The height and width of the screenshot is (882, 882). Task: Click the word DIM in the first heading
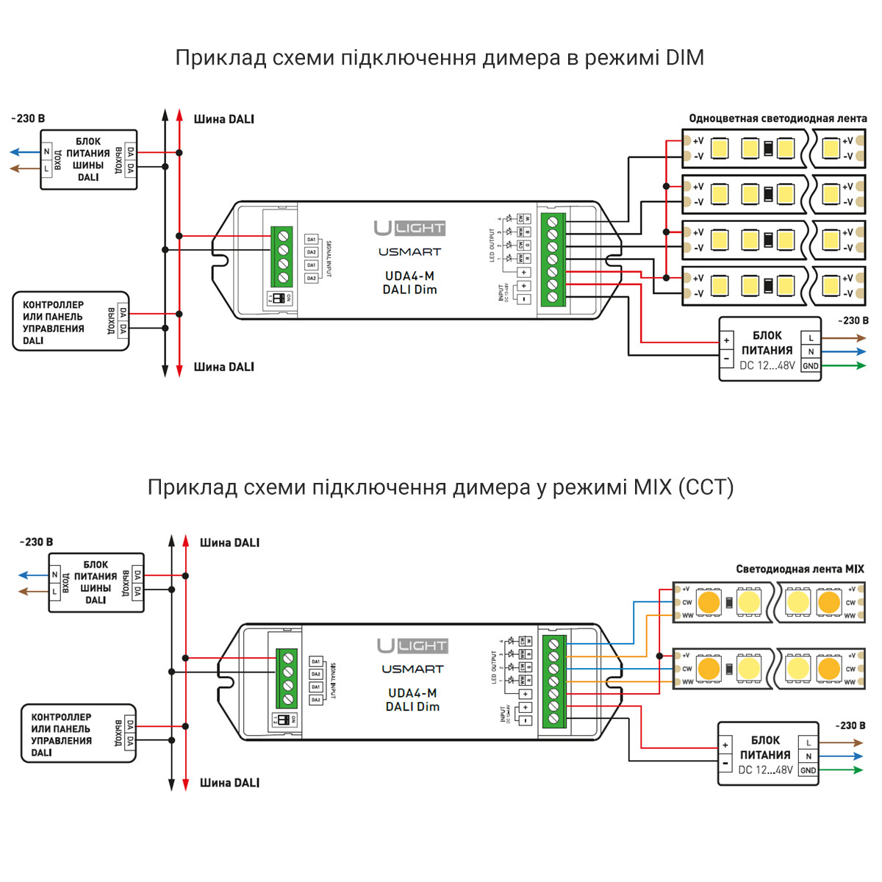pos(684,58)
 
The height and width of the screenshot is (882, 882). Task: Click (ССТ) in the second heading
pos(706,487)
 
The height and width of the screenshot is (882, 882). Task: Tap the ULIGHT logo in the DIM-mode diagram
pos(409,228)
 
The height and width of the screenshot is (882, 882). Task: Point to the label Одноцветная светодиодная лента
pos(778,118)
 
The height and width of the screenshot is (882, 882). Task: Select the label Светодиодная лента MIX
pos(800,569)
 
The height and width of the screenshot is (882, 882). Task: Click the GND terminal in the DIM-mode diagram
pos(811,366)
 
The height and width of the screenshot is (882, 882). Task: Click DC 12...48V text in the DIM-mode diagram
pos(767,366)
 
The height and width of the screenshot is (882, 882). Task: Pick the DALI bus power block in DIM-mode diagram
pos(88,159)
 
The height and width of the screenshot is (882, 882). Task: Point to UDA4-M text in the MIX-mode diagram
pos(412,693)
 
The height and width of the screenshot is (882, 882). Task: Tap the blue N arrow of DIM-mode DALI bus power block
pos(24,152)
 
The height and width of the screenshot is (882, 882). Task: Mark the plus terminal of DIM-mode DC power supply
pos(727,340)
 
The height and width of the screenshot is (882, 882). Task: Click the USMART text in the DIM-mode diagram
pos(409,252)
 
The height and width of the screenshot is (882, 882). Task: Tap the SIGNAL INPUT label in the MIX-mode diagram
pos(332,681)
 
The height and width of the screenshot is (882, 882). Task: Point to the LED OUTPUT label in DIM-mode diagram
pos(492,245)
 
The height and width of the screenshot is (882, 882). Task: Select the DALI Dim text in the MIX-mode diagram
pos(412,706)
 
